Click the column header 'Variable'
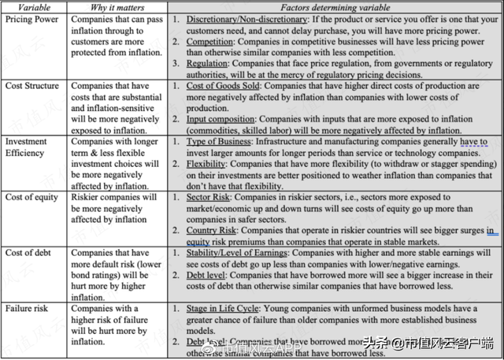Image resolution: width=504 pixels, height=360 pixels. tap(24, 7)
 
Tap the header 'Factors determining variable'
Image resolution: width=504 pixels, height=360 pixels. tap(335, 7)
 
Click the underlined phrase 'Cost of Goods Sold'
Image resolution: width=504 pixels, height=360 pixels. tap(227, 84)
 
